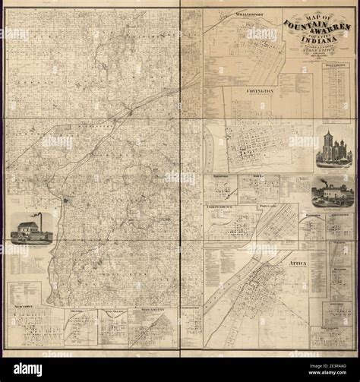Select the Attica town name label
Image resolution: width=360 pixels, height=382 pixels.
tap(298, 264)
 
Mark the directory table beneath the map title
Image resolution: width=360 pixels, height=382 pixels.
tap(335, 91)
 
